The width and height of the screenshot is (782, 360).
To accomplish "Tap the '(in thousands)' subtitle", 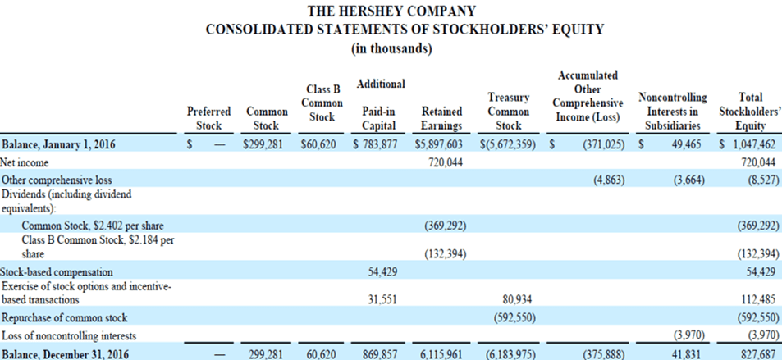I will click(391, 48).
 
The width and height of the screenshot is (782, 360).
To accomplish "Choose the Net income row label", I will click(25, 162).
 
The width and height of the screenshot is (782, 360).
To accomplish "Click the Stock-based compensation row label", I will click(57, 271).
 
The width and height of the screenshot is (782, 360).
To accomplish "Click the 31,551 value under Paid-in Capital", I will click(380, 299).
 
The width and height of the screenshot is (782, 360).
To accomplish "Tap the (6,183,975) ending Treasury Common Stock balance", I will click(509, 353).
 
